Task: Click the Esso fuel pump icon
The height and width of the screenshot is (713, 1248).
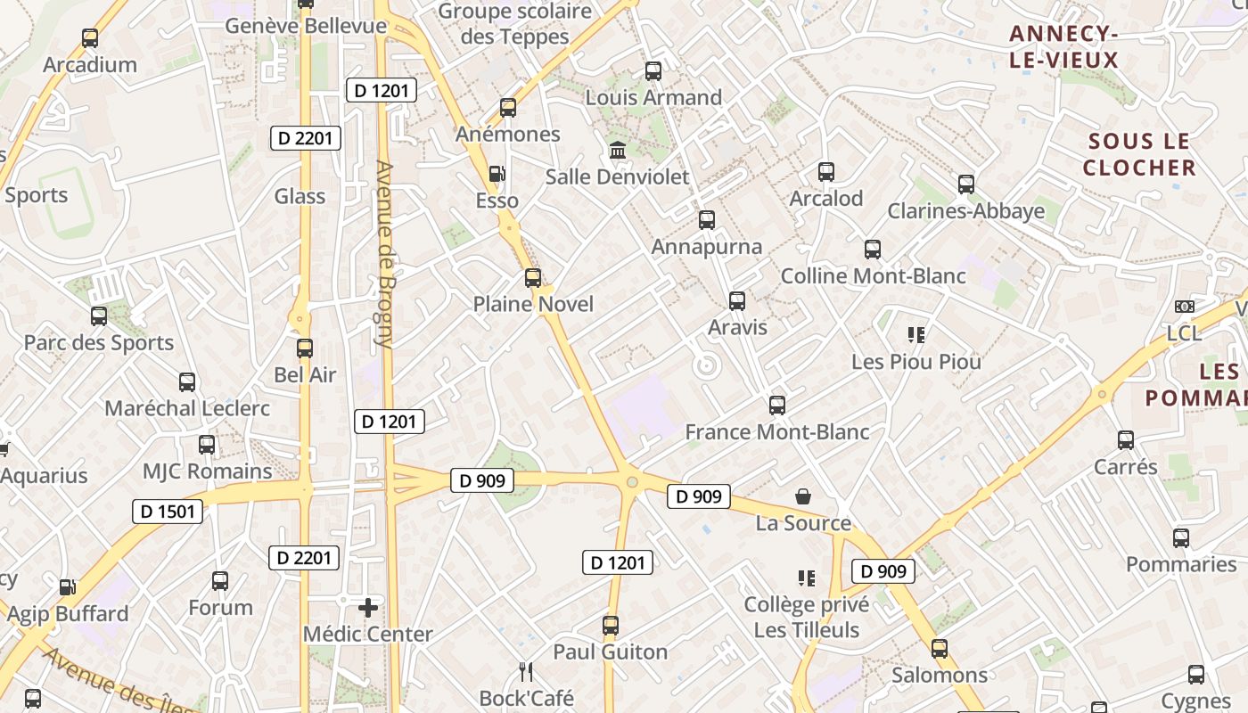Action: coord(497,174)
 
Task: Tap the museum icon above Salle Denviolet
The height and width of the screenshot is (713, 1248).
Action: coord(617,150)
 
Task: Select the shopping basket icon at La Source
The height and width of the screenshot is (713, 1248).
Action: coord(803,496)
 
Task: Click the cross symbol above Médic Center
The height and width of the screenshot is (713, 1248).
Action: coord(367,608)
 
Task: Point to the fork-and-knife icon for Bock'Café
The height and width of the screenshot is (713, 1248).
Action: coord(526,671)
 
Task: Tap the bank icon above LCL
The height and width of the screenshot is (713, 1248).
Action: coord(1184,307)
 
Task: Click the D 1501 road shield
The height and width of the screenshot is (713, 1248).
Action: coord(168,512)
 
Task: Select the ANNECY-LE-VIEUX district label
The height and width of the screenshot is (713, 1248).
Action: coord(1063,47)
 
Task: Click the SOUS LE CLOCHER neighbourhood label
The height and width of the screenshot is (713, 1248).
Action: coord(1139,154)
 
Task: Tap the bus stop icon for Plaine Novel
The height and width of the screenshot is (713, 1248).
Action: coord(533,278)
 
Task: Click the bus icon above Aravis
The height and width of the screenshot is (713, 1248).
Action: coord(737,301)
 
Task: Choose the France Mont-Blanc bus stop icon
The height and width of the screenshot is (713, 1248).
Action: coord(777,406)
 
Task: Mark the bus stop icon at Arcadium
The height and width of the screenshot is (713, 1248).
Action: coord(90,38)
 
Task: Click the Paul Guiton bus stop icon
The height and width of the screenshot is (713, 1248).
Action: coord(611,626)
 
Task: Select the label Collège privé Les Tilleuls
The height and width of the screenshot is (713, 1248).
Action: coord(807,618)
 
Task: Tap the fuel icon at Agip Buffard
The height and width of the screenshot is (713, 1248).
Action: coord(67,587)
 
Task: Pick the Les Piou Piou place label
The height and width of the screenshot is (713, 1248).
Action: coord(916,362)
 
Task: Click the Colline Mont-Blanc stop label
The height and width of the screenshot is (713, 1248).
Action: coord(873,276)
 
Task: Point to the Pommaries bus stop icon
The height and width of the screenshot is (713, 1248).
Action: coord(1181,538)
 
